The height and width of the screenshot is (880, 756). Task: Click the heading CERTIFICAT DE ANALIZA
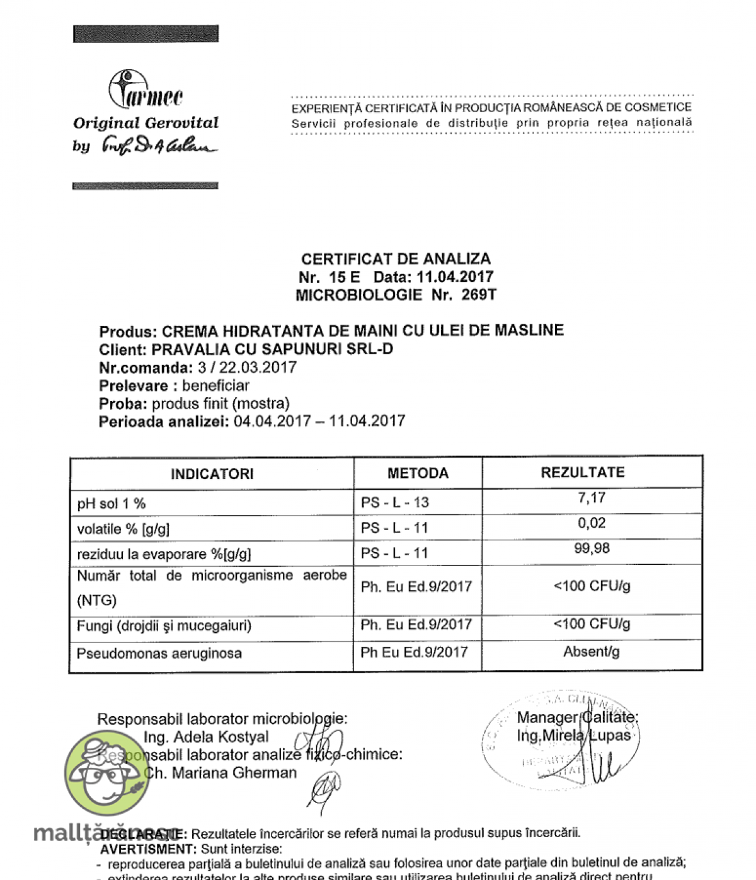(396, 259)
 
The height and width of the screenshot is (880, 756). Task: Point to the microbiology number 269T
(479, 294)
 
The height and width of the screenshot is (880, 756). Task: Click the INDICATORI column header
(212, 474)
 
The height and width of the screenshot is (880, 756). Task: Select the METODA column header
(418, 473)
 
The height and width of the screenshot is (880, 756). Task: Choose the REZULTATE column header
(583, 473)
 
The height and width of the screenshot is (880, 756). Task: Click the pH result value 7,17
(592, 498)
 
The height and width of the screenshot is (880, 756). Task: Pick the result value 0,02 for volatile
(592, 523)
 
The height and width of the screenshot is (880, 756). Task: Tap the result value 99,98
(592, 548)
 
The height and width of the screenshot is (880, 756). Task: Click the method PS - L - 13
(395, 502)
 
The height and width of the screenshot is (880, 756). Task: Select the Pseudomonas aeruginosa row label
(159, 654)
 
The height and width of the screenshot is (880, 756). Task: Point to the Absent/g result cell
(591, 652)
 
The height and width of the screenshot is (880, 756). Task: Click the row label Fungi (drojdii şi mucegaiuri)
(164, 626)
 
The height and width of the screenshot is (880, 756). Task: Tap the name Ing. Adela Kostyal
(206, 737)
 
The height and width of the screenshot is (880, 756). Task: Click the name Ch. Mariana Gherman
(220, 773)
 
